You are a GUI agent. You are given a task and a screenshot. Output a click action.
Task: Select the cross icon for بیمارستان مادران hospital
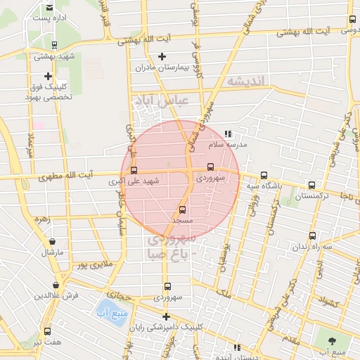click(162, 56)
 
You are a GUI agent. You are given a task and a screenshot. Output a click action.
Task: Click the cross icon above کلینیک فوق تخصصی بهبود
click(48, 76)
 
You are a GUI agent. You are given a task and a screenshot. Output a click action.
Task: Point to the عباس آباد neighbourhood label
click(163, 101)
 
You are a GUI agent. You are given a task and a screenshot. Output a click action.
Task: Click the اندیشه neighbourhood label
click(245, 82)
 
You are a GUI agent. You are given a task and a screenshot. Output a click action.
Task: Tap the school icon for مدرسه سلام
click(227, 133)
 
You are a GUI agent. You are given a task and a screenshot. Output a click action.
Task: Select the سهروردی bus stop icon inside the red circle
click(210, 167)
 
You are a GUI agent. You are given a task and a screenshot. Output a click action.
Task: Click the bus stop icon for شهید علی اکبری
click(134, 169)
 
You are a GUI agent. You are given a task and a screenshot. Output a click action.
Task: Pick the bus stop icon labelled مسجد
click(183, 209)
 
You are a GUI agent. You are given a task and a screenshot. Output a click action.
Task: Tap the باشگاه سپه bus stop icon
click(264, 175)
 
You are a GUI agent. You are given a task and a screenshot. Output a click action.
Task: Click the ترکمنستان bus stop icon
click(311, 186)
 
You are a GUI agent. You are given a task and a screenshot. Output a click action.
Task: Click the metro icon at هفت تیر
click(47, 331)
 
